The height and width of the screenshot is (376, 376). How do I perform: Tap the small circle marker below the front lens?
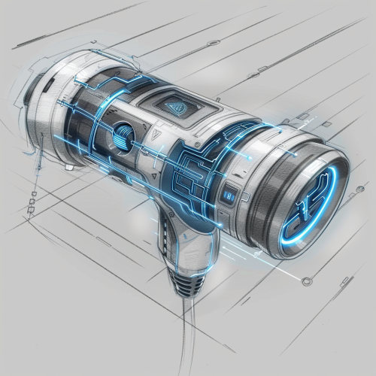pyautogui.click(x=306, y=282)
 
